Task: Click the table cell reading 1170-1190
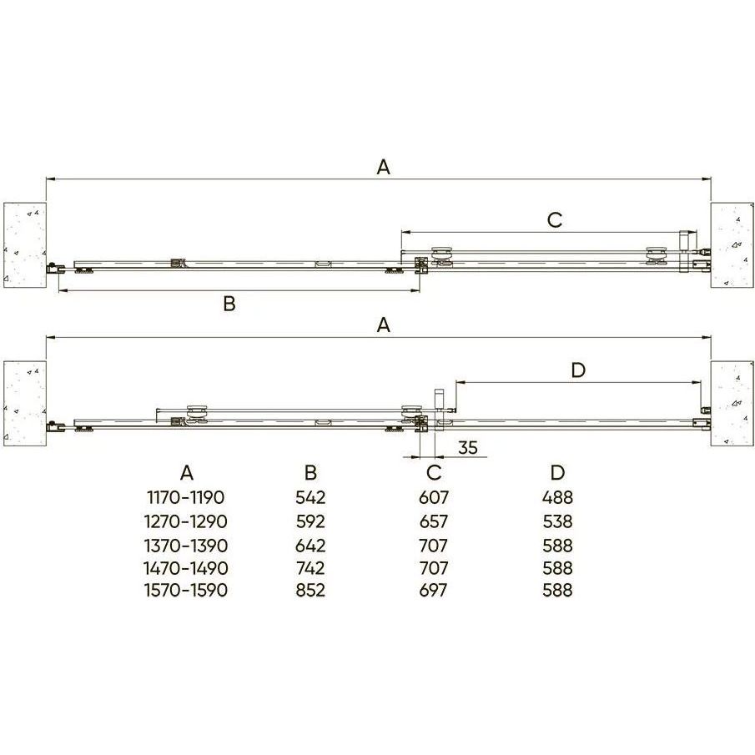pos(186,497)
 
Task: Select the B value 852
pos(310,591)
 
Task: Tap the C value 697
pos(433,591)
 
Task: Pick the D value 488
pos(557,497)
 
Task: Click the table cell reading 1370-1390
pos(186,546)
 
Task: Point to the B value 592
pos(310,521)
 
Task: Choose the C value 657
pos(433,521)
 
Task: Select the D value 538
pos(557,521)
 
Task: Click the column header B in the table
pos(310,473)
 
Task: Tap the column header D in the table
pos(557,473)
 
